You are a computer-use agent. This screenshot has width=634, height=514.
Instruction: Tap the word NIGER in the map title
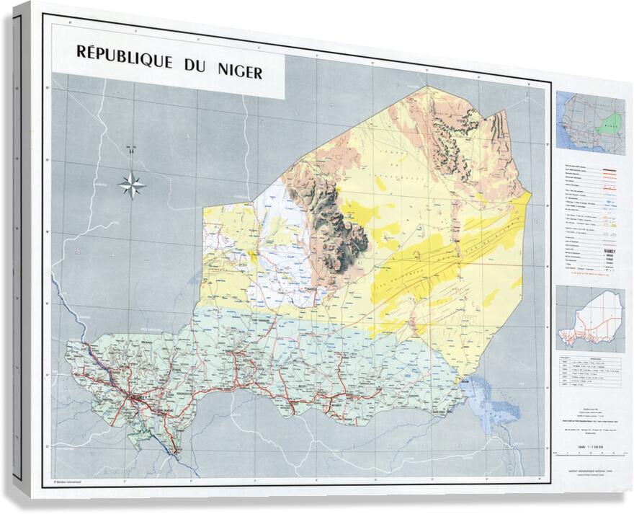tap(238, 72)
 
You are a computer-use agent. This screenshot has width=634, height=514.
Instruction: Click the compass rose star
tap(132, 185)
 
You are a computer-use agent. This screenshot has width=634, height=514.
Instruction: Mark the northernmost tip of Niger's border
tap(427, 87)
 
